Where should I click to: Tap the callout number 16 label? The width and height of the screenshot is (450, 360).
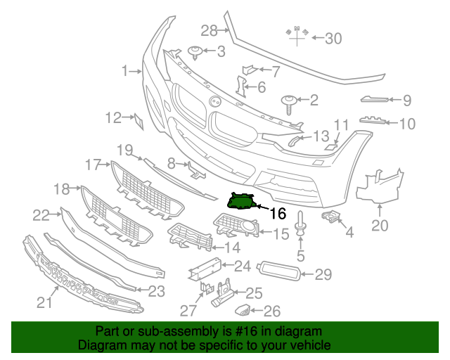click(x=278, y=212)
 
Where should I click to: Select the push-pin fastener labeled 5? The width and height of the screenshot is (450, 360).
click(x=300, y=226)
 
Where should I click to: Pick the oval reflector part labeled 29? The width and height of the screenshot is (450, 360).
click(x=280, y=271)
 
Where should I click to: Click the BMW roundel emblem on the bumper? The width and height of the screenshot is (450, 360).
click(x=214, y=101)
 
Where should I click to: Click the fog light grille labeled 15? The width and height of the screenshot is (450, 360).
click(x=236, y=227)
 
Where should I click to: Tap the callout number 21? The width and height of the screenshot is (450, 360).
click(x=45, y=303)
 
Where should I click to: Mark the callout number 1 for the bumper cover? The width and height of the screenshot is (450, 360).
click(x=126, y=70)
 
